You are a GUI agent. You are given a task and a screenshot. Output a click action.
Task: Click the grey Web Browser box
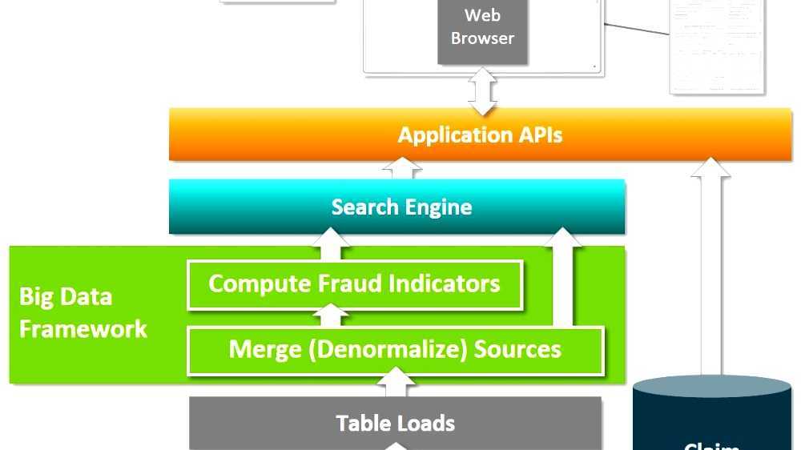(482, 32)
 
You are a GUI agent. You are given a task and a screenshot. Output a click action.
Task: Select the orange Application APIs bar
(480, 135)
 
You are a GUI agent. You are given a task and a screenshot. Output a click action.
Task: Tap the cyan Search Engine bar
(397, 207)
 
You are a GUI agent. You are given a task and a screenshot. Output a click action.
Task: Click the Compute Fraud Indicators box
(354, 284)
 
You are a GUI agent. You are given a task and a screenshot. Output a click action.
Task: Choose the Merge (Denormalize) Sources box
(395, 350)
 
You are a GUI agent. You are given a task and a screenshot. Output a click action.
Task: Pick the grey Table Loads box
(395, 423)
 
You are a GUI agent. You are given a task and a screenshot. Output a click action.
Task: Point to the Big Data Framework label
(83, 313)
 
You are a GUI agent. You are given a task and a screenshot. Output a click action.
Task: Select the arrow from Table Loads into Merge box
(395, 383)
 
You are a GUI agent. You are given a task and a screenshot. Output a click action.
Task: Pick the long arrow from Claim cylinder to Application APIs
(710, 264)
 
